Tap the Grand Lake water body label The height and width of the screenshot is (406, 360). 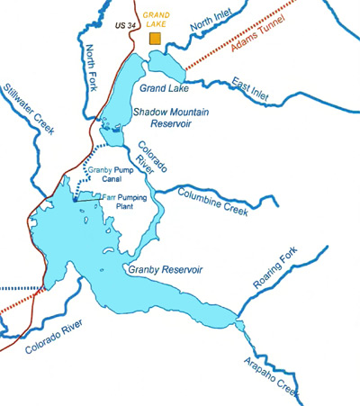point(165,87)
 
